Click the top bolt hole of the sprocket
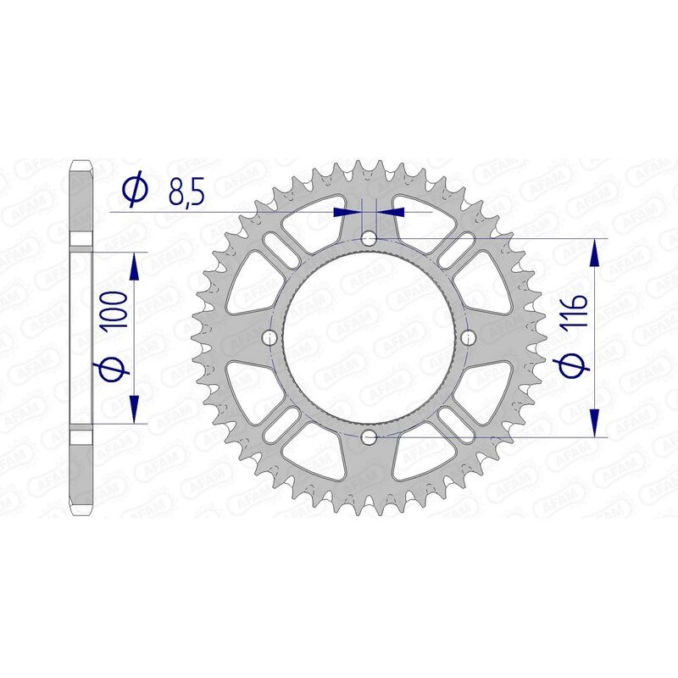[369, 240]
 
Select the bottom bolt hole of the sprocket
[369, 437]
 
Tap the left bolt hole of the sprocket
[270, 339]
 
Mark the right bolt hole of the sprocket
[468, 339]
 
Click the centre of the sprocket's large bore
[369, 339]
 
